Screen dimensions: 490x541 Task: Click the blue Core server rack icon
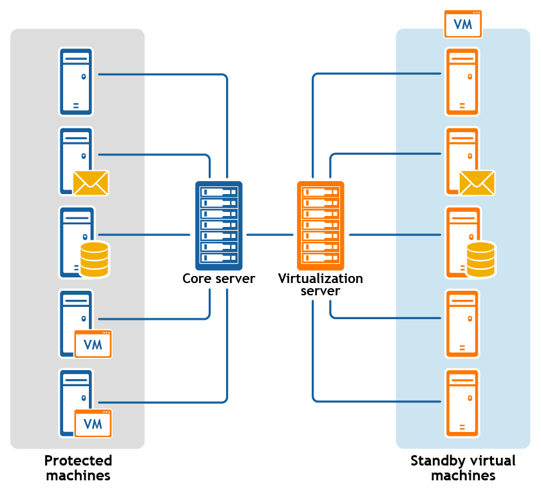[218, 226]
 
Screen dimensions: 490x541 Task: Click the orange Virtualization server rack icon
[320, 226]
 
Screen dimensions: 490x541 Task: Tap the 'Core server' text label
[218, 279]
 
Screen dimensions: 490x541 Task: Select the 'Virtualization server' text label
[320, 285]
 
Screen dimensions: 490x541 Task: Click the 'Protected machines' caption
[78, 468]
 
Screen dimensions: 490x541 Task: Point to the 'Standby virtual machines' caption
[462, 468]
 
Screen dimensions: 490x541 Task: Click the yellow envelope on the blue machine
[90, 182]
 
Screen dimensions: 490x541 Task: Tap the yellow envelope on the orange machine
[477, 182]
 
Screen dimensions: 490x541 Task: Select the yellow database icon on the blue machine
[94, 259]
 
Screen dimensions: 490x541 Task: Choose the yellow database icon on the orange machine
[480, 259]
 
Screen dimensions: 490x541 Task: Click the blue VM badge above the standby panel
[463, 24]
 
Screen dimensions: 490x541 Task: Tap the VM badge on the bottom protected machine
[93, 423]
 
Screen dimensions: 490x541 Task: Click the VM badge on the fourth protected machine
[93, 344]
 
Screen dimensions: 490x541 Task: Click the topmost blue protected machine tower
[76, 81]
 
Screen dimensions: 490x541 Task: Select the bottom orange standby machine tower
[462, 403]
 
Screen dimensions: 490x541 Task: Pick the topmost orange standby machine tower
[462, 81]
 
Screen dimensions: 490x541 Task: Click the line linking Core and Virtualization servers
[269, 235]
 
